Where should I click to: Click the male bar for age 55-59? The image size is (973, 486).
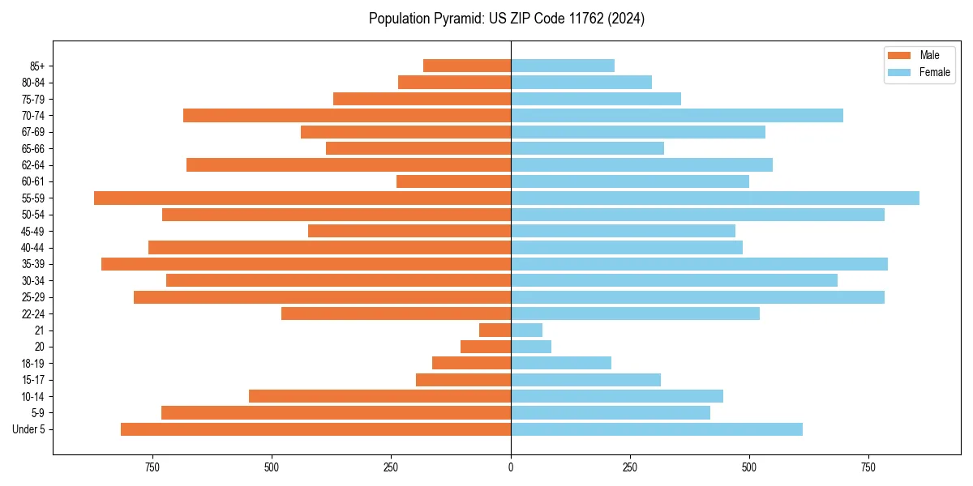coord(302,198)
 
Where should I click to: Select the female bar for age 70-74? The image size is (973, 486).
coord(677,115)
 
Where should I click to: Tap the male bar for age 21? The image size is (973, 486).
coord(495,330)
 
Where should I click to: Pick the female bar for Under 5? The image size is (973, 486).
coord(657,429)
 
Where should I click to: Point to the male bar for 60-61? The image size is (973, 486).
coord(454,181)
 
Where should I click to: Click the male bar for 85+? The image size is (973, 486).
coord(467,66)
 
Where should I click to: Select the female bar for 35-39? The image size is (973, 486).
coord(699,264)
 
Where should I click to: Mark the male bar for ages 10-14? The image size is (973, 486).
coord(379,396)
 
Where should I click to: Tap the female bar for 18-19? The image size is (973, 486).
coord(561,363)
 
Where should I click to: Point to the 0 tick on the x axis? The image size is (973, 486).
coord(511,467)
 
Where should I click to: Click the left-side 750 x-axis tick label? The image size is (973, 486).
coord(152,467)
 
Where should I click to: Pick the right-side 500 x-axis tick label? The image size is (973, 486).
coord(749,467)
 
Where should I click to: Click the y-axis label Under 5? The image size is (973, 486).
coord(29,429)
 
